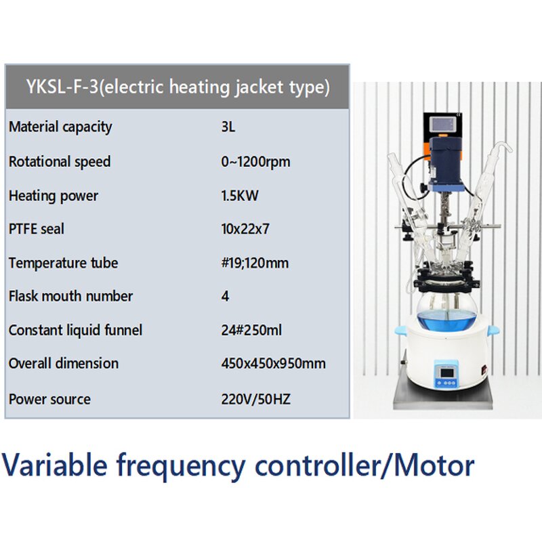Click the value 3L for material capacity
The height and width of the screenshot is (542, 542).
click(228, 127)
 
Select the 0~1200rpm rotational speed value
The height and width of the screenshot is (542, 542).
click(255, 162)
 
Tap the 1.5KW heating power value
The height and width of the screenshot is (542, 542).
click(240, 196)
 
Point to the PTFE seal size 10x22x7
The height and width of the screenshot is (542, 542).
click(245, 229)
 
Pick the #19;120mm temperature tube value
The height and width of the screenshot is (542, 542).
click(255, 263)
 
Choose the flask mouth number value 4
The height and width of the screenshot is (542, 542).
click(225, 296)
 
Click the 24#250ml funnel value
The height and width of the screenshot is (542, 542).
click(251, 331)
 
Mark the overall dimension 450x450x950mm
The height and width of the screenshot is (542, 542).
click(273, 363)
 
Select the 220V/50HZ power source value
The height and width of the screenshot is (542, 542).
click(255, 399)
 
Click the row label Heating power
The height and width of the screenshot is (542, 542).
click(54, 196)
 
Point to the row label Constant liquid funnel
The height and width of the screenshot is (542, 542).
click(76, 331)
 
